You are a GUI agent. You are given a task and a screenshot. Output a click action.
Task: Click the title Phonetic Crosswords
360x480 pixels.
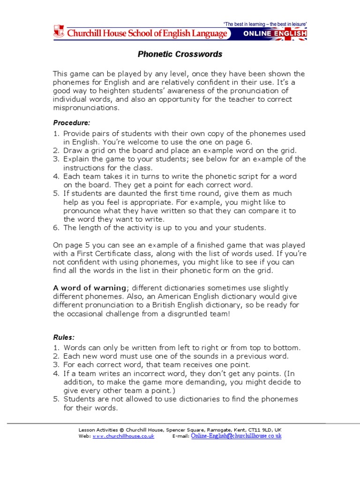tap(180, 54)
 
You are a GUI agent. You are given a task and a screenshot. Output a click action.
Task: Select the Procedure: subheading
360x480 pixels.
tap(71, 123)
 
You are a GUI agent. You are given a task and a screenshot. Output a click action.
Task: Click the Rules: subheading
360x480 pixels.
tap(64, 337)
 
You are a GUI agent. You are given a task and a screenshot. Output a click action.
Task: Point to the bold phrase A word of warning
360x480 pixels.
tap(89, 288)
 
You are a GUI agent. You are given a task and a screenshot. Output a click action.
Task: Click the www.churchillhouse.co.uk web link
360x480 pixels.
tap(123, 436)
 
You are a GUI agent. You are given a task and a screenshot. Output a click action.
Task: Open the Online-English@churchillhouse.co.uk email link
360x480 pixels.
tap(236, 436)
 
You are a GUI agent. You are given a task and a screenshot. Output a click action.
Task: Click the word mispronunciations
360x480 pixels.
tap(86, 108)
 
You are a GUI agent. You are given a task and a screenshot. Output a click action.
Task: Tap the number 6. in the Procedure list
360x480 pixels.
tap(56, 228)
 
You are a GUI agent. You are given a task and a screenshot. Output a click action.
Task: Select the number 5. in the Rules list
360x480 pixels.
tap(56, 399)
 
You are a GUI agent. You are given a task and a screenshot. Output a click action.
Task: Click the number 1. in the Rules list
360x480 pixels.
tap(56, 348)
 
